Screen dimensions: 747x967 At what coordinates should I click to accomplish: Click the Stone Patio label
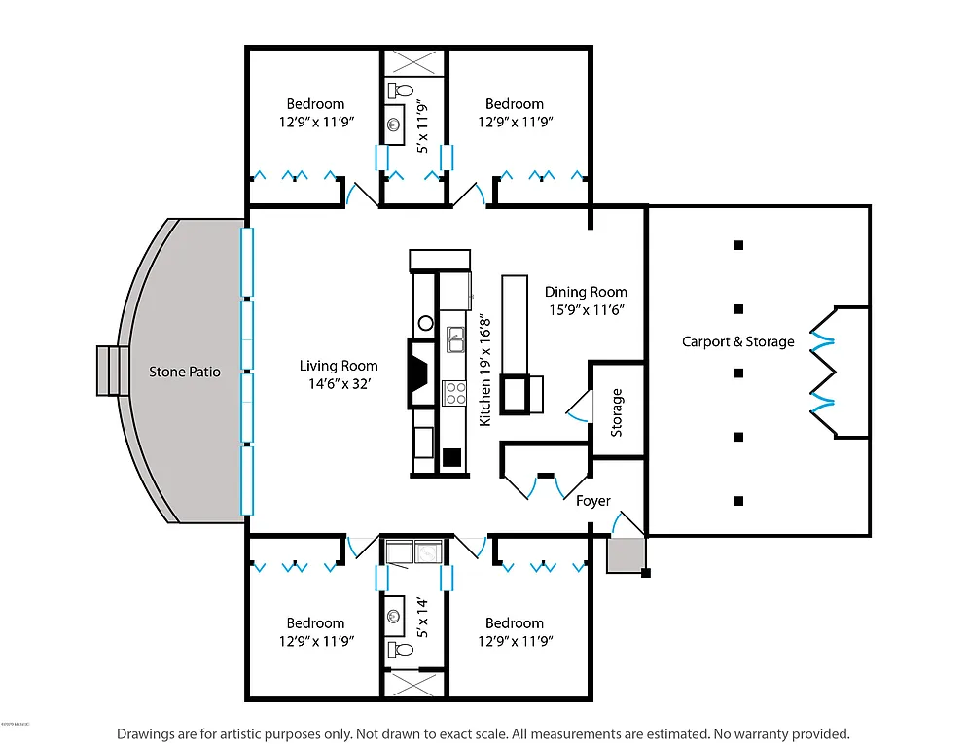click(184, 372)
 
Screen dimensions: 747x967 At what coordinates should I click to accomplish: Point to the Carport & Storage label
click(737, 341)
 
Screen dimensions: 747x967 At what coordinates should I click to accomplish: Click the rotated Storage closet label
click(617, 412)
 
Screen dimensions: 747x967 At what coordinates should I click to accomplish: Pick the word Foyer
click(593, 501)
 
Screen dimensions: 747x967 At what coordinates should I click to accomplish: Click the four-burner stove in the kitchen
click(454, 392)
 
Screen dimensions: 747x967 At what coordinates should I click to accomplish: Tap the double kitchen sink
click(454, 340)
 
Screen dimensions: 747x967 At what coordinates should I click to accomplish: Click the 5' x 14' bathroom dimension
click(422, 619)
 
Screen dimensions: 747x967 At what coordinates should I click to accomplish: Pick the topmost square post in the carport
click(738, 244)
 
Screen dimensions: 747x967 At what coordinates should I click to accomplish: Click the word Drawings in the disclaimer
click(147, 733)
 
